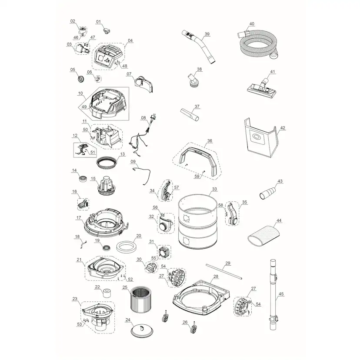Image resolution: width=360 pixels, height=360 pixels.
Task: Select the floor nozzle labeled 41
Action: [261, 88]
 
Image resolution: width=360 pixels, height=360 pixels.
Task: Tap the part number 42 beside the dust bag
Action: [283, 128]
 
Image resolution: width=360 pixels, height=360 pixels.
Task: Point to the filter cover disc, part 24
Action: [142, 330]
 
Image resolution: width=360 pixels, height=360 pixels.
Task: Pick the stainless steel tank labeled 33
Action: [197, 221]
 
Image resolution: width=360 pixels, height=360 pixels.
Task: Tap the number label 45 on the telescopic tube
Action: [281, 294]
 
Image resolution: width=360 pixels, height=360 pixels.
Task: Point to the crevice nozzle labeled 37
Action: [190, 115]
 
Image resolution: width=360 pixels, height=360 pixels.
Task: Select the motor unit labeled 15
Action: [107, 187]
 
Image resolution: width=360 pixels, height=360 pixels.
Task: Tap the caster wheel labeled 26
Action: [193, 329]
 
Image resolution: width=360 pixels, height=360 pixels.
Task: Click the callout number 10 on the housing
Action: [80, 93]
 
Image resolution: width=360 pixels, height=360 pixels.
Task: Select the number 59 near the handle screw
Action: [197, 177]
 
